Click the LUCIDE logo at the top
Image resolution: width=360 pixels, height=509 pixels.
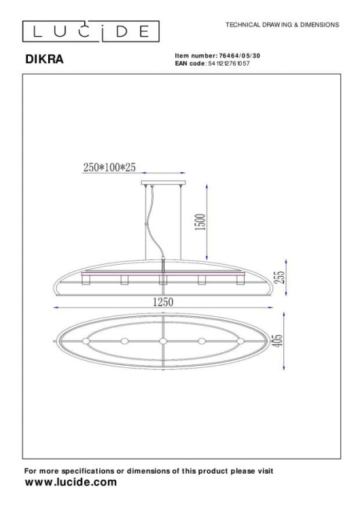click(90, 31)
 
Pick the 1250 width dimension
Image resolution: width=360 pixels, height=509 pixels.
click(164, 301)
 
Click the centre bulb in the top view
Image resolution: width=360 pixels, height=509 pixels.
click(163, 341)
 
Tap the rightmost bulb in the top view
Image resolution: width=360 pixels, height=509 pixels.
click(240, 341)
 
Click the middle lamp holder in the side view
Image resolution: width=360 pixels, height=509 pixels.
click(163, 280)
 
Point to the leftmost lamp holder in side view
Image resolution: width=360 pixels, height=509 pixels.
click(85, 280)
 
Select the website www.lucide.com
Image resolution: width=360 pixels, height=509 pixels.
click(70, 483)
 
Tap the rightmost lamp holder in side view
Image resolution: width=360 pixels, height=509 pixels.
click(240, 280)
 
